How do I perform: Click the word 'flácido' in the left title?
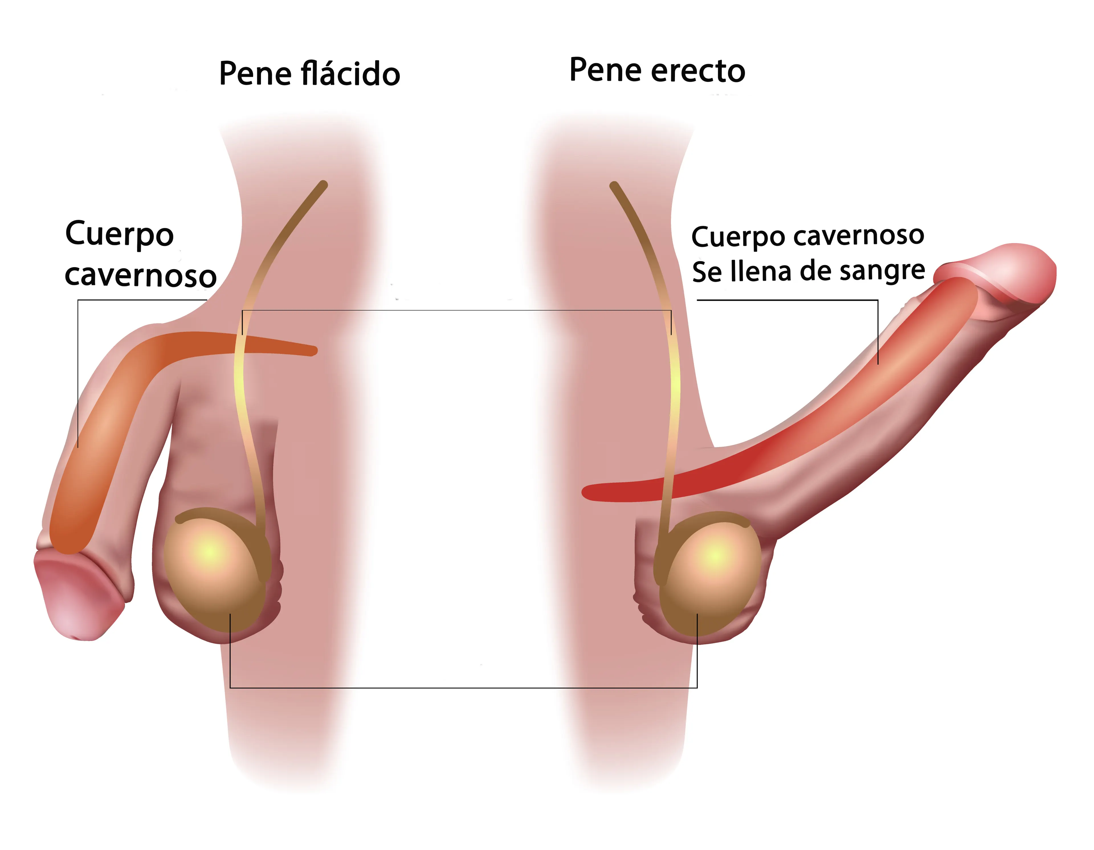[351, 73]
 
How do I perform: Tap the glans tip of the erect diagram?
[1050, 273]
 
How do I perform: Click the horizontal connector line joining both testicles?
[463, 688]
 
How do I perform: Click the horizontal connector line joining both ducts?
[457, 310]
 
